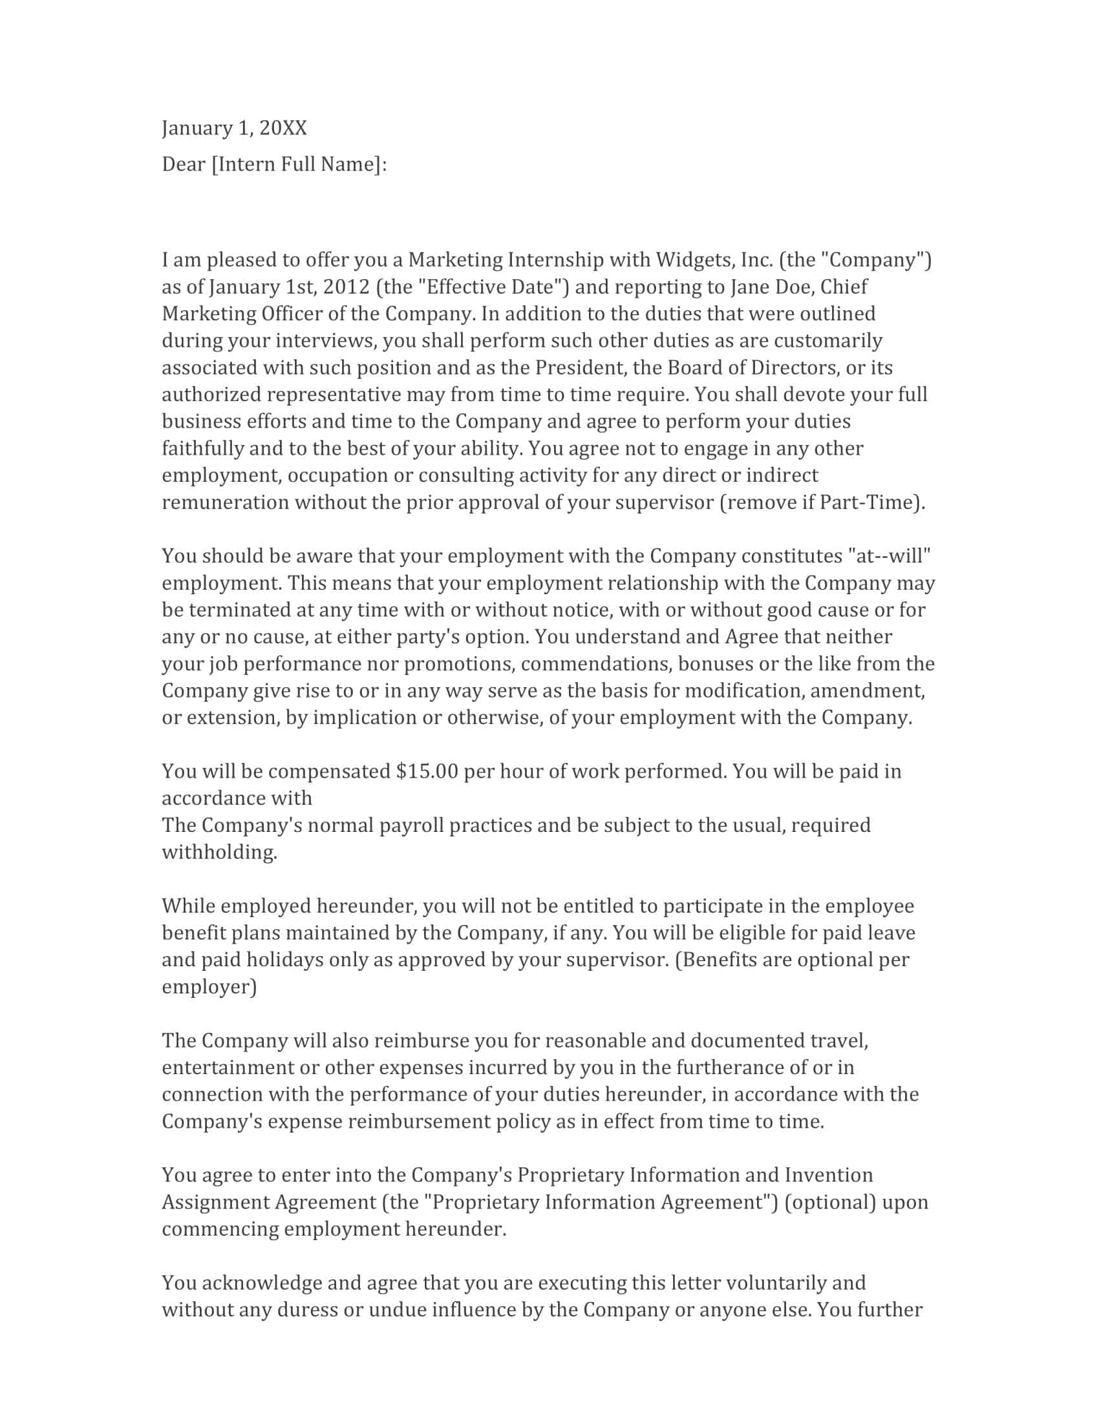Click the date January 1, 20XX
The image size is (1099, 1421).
click(234, 128)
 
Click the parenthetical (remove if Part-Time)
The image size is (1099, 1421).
click(821, 503)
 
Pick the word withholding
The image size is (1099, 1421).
click(219, 853)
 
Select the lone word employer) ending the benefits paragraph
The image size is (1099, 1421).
click(209, 987)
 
